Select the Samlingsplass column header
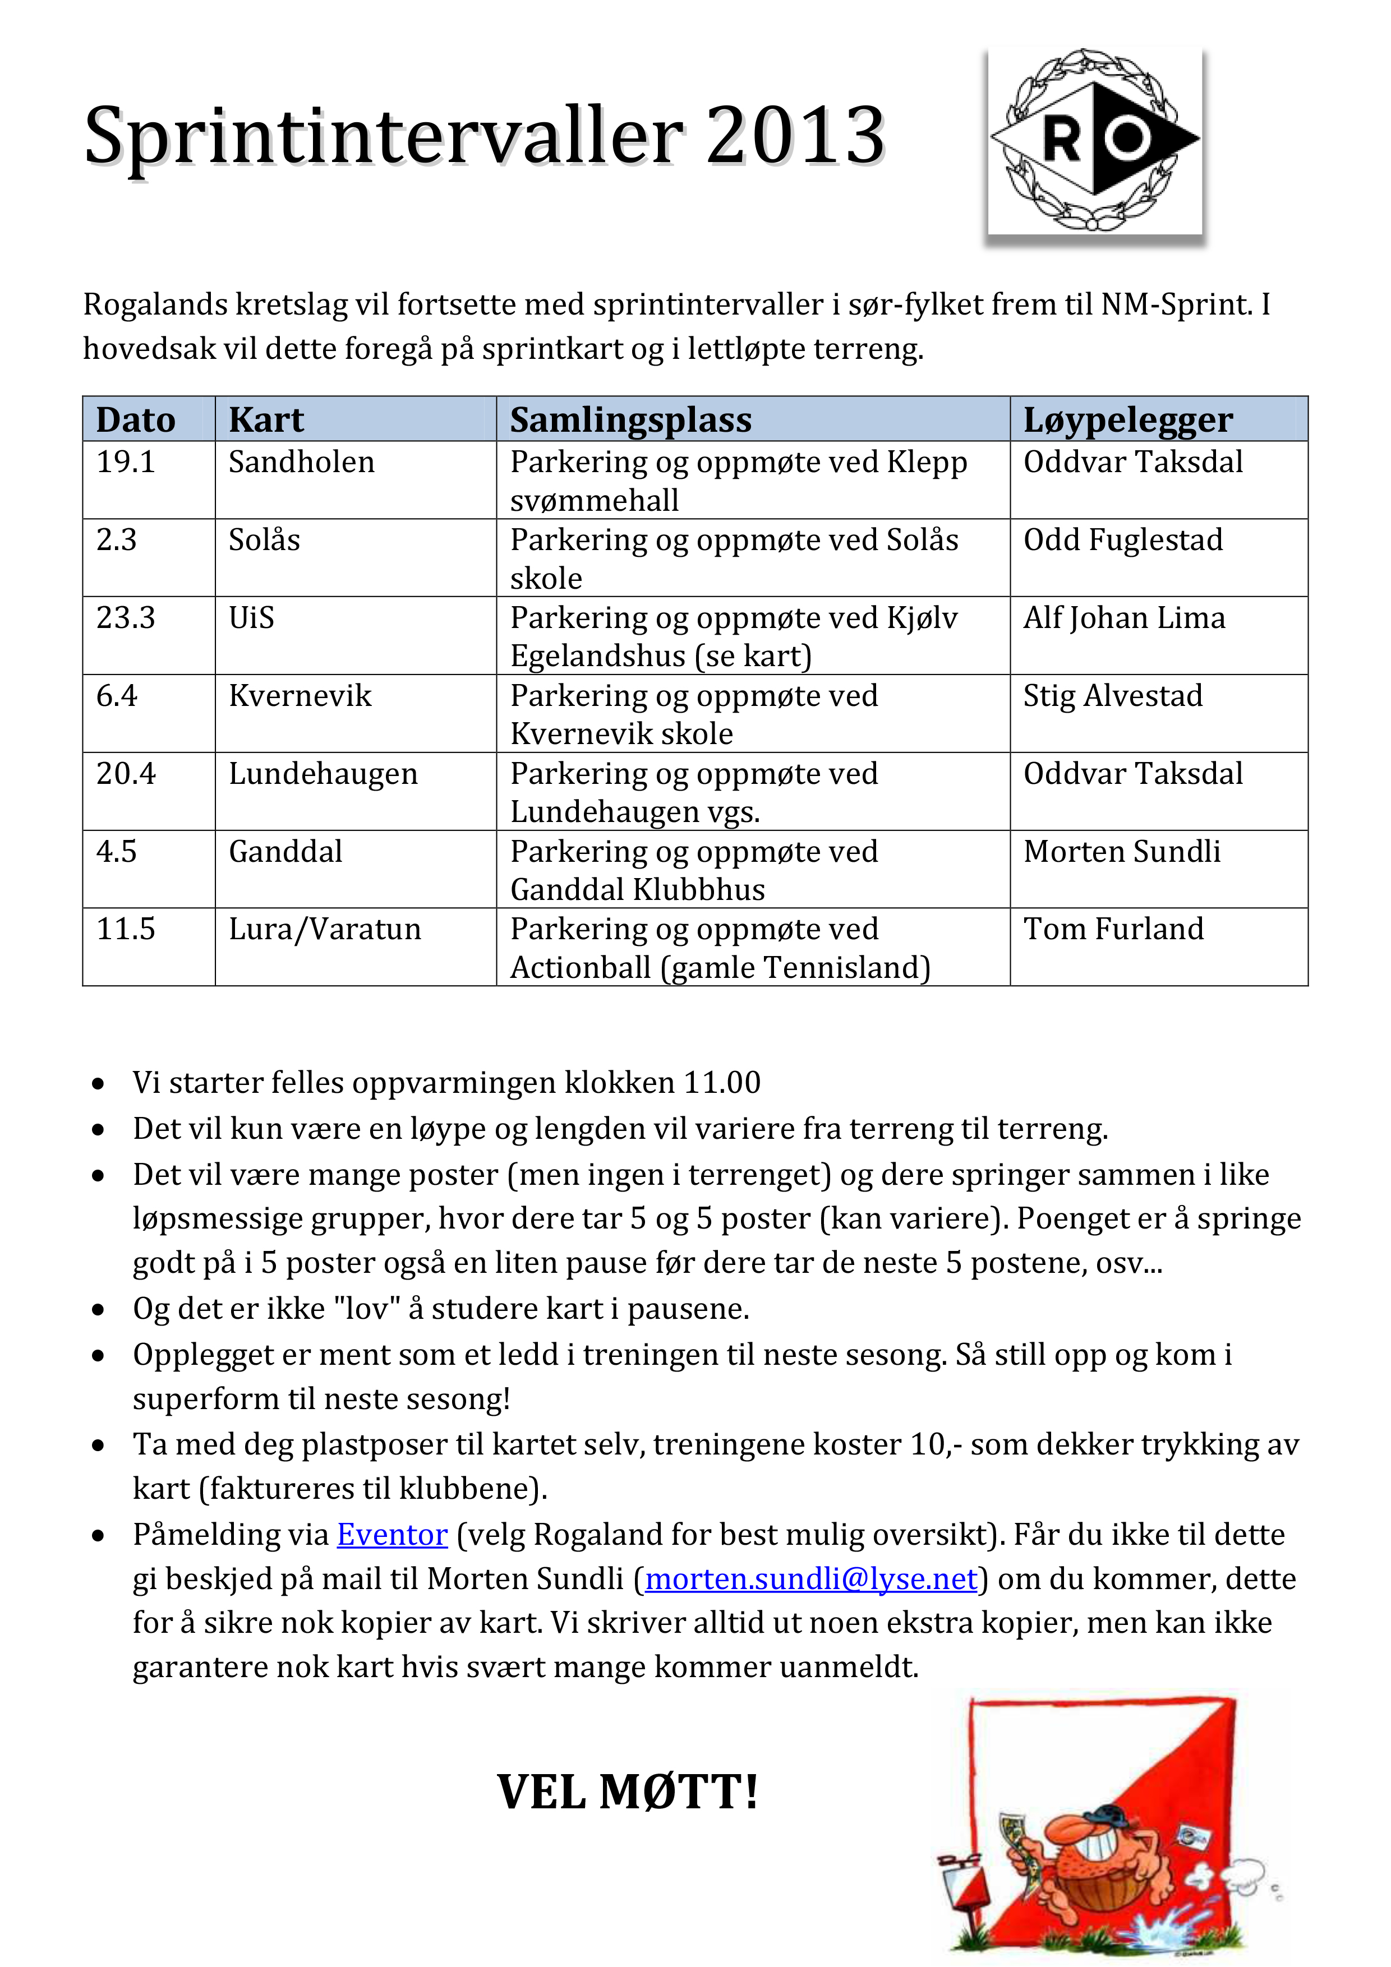click(631, 420)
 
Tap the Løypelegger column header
click(1128, 420)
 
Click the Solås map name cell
click(264, 540)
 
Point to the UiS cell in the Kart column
click(251, 618)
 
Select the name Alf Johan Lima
click(1123, 618)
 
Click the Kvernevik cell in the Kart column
click(300, 696)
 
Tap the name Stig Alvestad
click(1112, 696)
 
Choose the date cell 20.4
click(126, 774)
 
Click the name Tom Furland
click(1113, 929)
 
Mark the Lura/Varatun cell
click(325, 929)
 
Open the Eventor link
click(391, 1534)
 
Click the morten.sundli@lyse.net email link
click(811, 1578)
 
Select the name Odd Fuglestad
click(1123, 540)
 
